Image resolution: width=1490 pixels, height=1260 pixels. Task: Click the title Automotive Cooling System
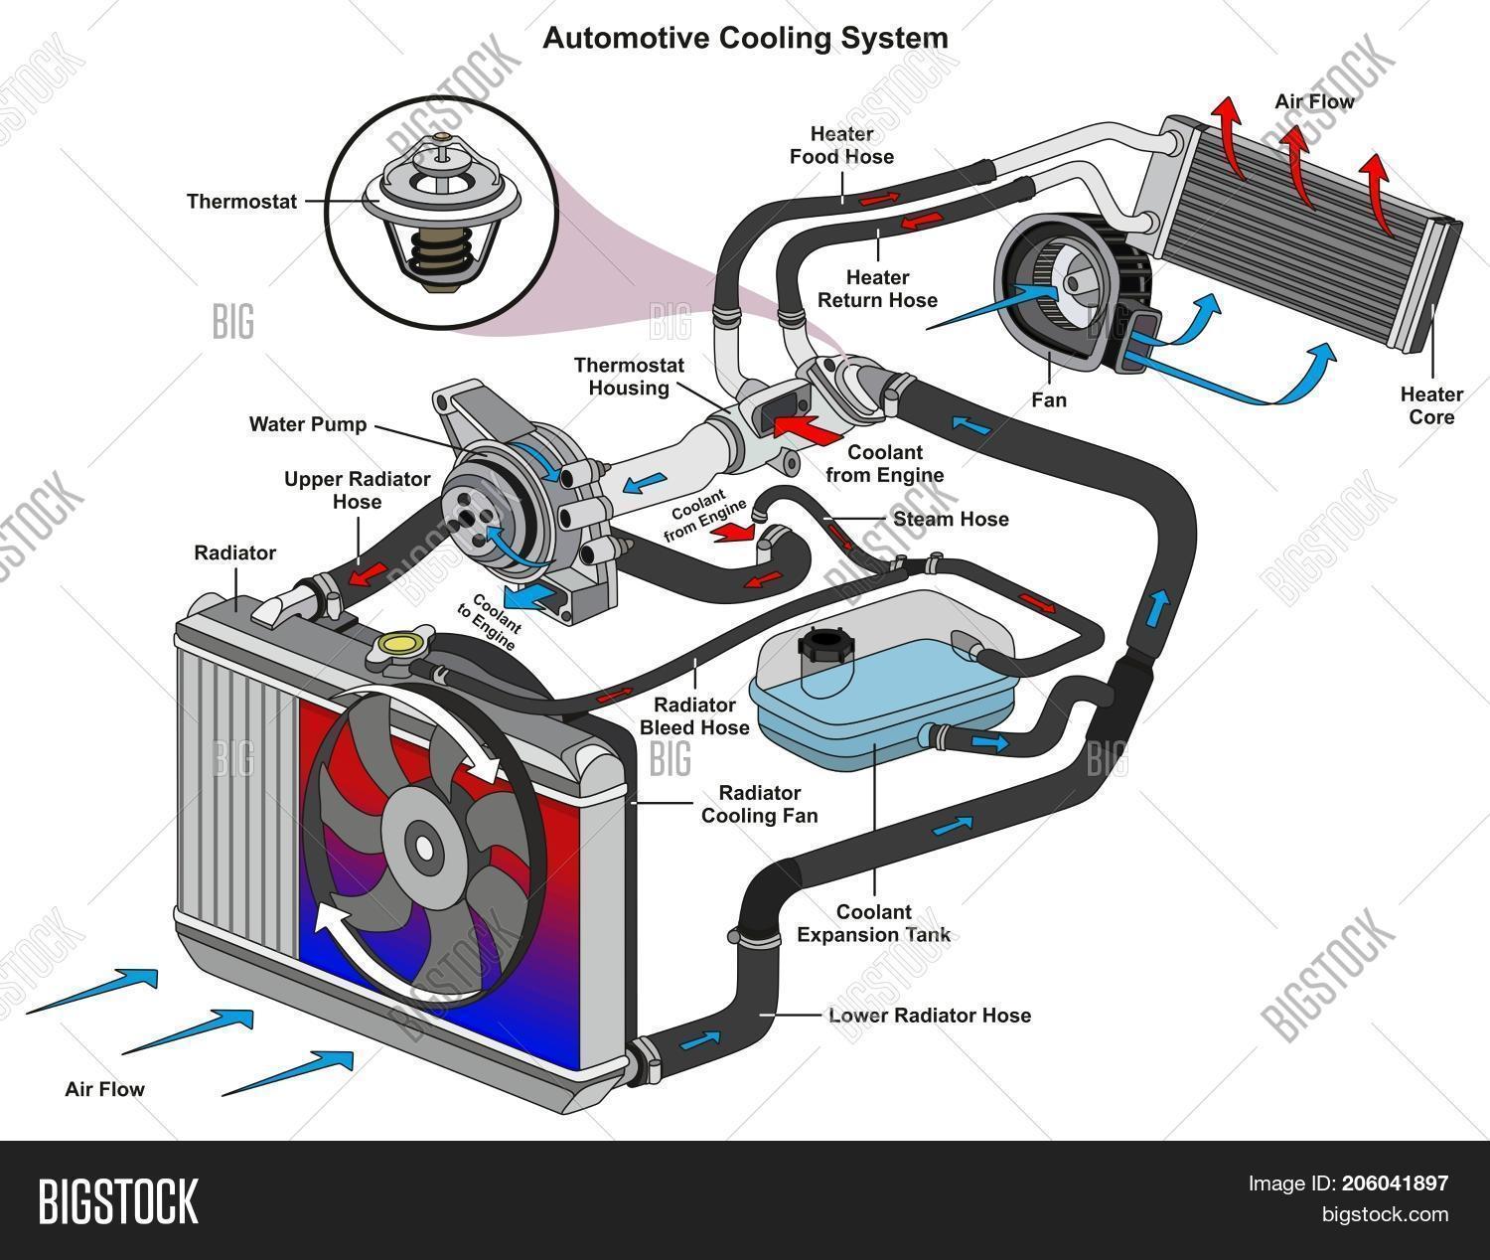point(745,39)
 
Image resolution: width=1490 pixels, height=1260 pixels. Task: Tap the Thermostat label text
point(241,202)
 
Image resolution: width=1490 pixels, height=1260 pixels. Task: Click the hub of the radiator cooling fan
point(425,847)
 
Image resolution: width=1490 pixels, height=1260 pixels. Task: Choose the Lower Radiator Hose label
point(929,1016)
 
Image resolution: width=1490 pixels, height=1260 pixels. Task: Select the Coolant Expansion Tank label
point(873,923)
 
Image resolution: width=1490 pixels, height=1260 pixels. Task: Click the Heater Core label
point(1431,405)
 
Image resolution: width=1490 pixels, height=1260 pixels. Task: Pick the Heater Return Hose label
point(877,288)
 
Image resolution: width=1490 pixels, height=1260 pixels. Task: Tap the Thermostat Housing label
point(629,377)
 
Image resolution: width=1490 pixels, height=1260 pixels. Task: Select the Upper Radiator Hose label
point(357,491)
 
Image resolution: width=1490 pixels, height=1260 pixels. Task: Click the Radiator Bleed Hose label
point(694,716)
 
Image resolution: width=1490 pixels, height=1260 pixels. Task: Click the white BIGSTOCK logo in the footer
point(118,1199)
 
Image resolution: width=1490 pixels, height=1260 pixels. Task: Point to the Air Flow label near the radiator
point(104,1089)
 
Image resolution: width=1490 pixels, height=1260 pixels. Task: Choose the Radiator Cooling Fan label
point(760,804)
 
